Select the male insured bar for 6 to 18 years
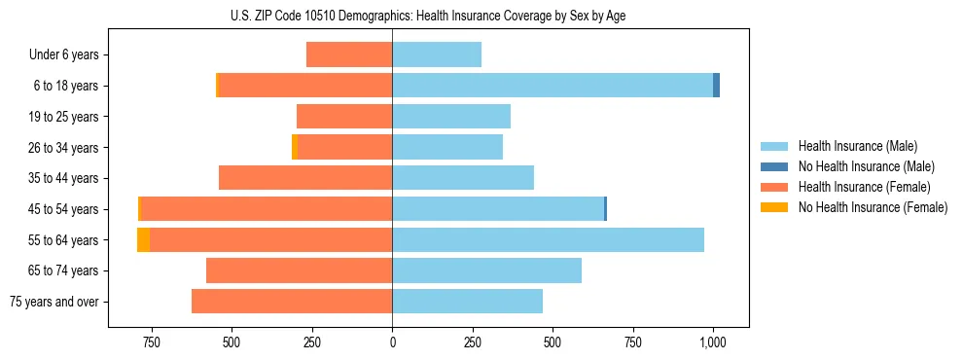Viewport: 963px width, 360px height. [x=553, y=86]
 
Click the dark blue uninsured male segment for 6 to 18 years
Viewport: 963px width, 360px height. [x=717, y=86]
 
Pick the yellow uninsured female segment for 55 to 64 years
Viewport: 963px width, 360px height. [x=143, y=239]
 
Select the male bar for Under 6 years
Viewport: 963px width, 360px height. [x=437, y=54]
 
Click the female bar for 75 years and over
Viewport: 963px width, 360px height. [x=292, y=302]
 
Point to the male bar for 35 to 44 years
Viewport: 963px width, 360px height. [x=463, y=178]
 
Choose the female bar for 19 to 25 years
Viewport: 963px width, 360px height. [x=344, y=117]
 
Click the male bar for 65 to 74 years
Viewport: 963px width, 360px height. [x=486, y=270]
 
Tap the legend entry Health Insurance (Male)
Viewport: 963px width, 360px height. [x=857, y=146]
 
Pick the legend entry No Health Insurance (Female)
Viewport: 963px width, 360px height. [x=873, y=207]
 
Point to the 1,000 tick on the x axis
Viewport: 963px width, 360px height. [x=713, y=342]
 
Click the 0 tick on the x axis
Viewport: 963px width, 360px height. [x=392, y=342]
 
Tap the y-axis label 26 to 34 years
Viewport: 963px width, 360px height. [x=64, y=148]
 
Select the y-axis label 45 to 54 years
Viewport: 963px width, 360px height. [x=64, y=209]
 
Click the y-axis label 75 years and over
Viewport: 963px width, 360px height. [x=54, y=302]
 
